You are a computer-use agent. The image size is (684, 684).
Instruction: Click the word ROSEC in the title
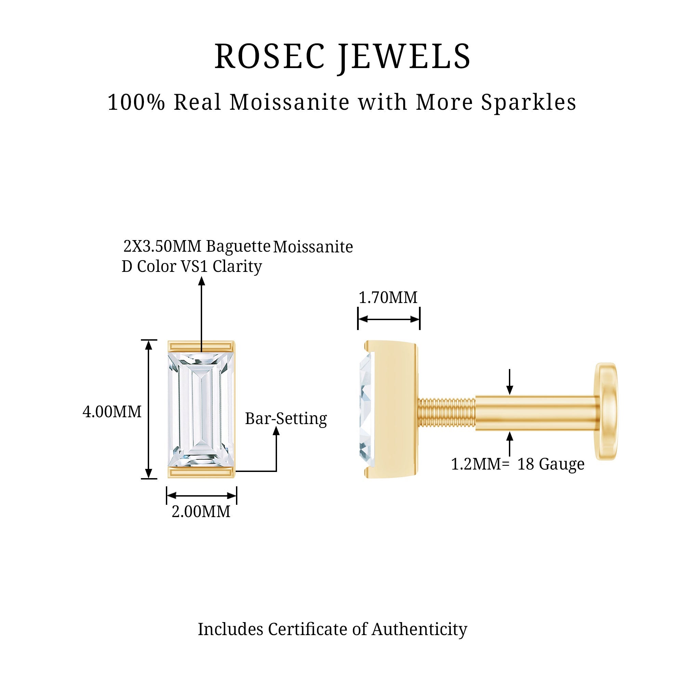(x=269, y=57)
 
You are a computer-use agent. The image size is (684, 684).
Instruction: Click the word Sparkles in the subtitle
(x=528, y=103)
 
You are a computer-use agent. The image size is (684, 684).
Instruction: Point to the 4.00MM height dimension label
(x=112, y=412)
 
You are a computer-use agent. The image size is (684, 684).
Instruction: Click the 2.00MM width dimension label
(x=201, y=512)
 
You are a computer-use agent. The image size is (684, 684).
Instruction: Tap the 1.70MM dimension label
(x=388, y=298)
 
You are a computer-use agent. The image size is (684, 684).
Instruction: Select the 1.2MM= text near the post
(x=480, y=464)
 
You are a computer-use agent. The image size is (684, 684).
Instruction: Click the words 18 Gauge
(x=551, y=464)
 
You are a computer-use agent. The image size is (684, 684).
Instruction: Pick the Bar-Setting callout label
(x=286, y=419)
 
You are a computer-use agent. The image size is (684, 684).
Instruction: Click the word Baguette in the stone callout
(x=238, y=246)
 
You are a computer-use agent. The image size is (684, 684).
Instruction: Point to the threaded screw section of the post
(x=446, y=413)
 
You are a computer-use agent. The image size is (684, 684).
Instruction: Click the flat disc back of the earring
(x=606, y=412)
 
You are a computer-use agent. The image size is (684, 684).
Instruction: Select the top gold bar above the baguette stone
(x=201, y=346)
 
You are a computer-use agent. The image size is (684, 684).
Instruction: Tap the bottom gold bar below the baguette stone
(x=201, y=472)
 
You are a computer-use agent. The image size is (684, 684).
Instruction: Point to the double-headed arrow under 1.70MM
(x=389, y=319)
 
